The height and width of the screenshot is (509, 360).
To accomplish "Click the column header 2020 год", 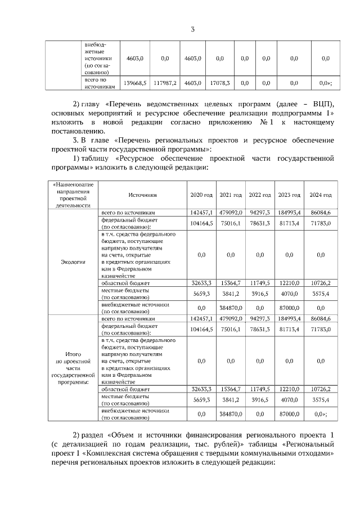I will coord(201,195).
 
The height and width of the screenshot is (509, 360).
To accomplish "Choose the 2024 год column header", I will coord(321,195).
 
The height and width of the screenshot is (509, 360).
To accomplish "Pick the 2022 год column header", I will coord(260,195).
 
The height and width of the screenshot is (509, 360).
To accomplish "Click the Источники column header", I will coord(142,195).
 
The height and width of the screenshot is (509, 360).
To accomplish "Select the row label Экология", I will coord(73,262).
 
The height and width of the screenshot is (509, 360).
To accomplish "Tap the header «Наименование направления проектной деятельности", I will coord(73,195).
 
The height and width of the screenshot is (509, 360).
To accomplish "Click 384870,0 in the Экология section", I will coord(231,308).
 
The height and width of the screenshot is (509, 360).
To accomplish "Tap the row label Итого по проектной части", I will coord(73,370).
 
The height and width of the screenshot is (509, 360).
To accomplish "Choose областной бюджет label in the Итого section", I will coord(124,389).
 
